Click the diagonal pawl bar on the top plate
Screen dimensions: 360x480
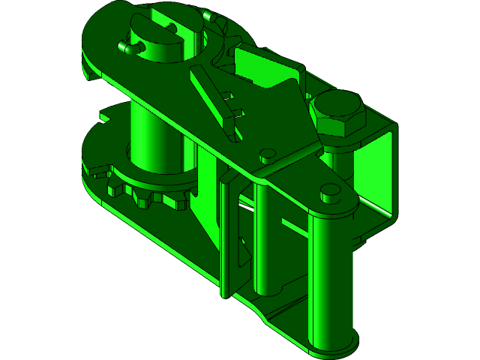coord(213,101)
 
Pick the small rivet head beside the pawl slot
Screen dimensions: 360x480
coord(266,156)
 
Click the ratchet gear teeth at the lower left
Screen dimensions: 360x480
coord(146,197)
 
